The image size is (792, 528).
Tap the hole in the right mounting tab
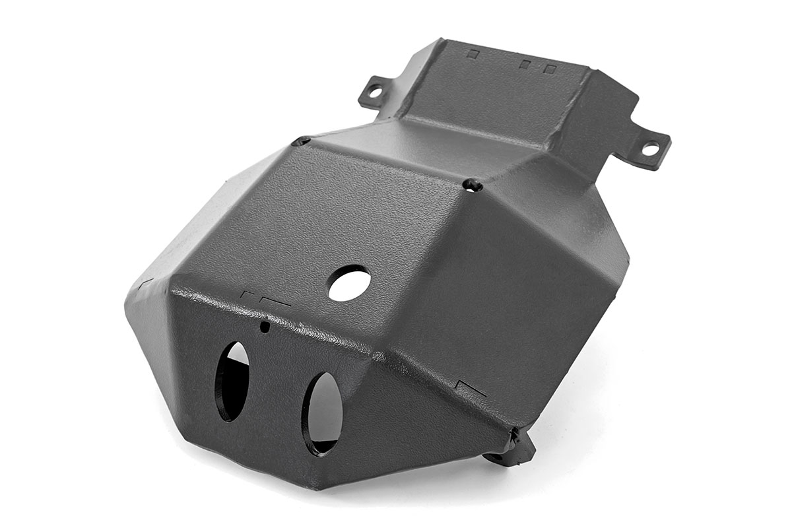click(649, 150)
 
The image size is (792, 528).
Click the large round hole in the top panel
click(349, 283)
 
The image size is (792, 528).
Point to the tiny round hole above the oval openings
click(265, 326)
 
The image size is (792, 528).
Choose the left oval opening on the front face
click(233, 381)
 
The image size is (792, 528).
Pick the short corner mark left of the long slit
click(249, 295)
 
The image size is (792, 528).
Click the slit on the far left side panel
click(146, 283)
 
